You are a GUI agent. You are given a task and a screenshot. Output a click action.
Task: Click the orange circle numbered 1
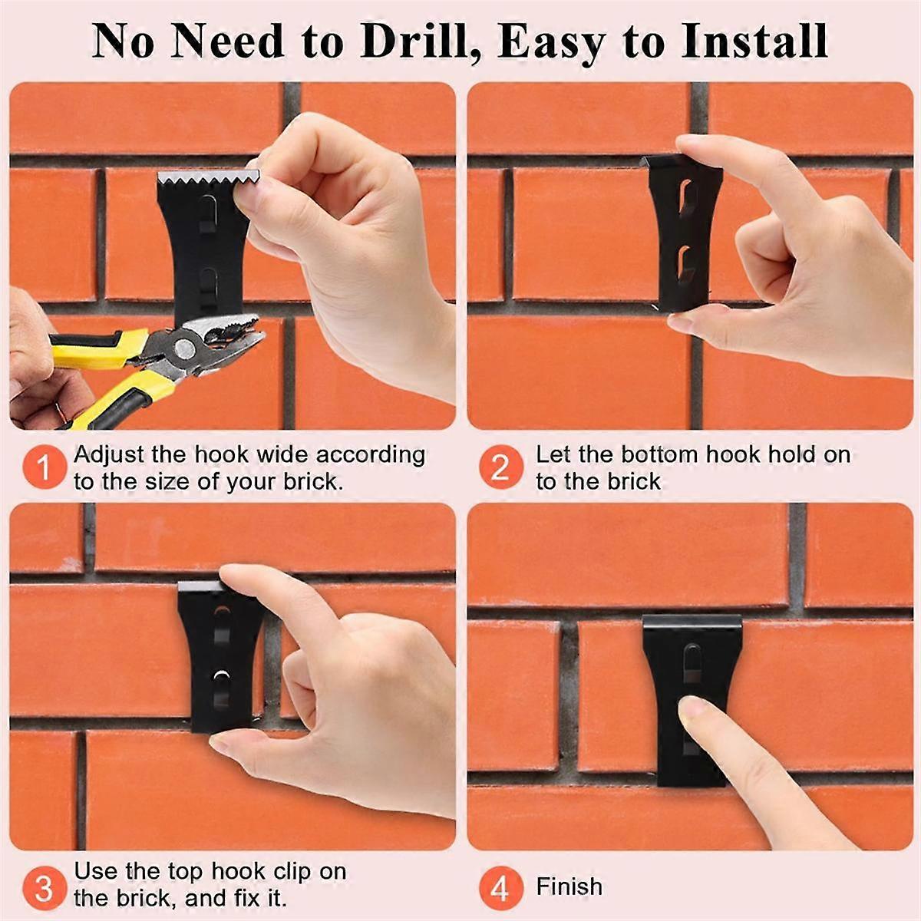45,467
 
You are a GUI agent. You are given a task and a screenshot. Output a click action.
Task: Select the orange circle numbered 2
500,467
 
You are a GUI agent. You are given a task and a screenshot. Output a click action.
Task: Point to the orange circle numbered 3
45,887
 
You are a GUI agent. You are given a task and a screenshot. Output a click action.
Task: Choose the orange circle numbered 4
500,889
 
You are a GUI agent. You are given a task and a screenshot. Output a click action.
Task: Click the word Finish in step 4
569,886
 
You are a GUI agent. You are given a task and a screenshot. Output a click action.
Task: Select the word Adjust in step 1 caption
109,455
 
